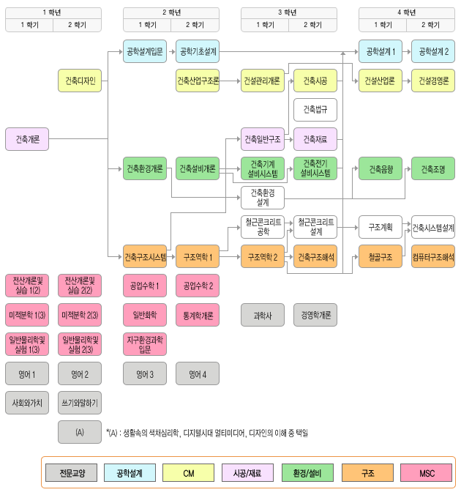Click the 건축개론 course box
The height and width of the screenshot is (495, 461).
(x=27, y=139)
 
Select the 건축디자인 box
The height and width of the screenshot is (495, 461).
(x=80, y=81)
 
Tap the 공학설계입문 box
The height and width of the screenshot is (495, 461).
(x=145, y=51)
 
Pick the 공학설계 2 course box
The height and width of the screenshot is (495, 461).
(x=433, y=51)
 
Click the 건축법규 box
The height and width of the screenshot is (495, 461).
(x=315, y=110)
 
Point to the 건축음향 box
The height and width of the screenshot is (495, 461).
(x=381, y=168)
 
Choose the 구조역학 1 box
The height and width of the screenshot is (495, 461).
(x=198, y=256)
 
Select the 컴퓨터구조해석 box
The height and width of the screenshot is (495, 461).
(x=433, y=256)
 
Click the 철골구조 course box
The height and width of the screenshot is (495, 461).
(x=381, y=256)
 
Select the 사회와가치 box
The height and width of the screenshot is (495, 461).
(x=27, y=403)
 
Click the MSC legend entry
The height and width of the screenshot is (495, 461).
(x=427, y=473)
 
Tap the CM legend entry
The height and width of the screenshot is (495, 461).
(x=189, y=473)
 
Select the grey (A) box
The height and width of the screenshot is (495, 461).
(x=80, y=432)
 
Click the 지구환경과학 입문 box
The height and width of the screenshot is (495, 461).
(x=145, y=344)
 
